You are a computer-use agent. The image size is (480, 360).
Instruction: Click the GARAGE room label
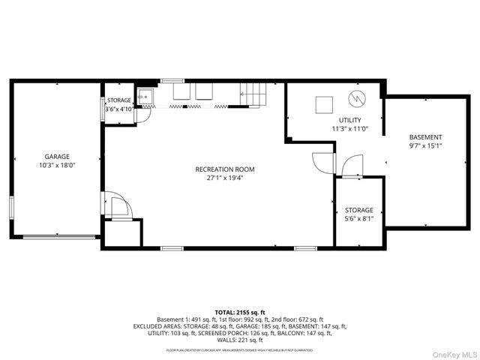click(x=56, y=157)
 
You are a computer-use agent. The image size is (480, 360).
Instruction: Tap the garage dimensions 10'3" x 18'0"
click(x=57, y=165)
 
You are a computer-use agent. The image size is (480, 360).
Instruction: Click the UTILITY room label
click(x=349, y=120)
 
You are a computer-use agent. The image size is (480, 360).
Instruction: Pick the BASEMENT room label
click(x=425, y=137)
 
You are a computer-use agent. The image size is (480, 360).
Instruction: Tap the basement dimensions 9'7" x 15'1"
click(x=425, y=145)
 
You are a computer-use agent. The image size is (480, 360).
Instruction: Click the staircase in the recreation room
click(x=253, y=95)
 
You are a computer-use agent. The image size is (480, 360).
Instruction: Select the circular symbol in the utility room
click(x=357, y=97)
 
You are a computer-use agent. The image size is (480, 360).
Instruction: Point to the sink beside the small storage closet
click(x=146, y=95)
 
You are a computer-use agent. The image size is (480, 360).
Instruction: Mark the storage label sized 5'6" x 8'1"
click(x=358, y=210)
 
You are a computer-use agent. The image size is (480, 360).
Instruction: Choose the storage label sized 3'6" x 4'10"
click(x=118, y=100)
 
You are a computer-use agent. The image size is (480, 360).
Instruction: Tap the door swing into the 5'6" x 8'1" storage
click(x=350, y=165)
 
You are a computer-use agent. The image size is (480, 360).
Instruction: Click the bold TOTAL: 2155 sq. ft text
click(x=239, y=311)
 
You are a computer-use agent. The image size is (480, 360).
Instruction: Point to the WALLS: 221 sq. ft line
click(x=239, y=340)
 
